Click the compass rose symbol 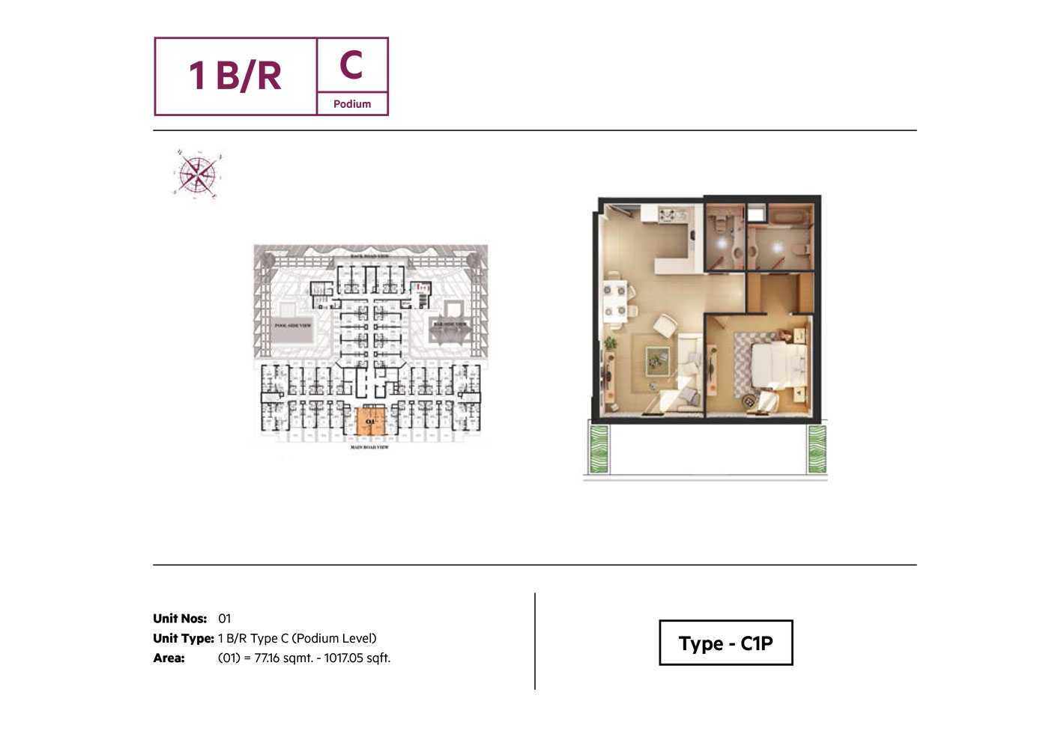pos(197,175)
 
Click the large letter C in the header pos(351,65)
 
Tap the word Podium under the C pos(352,104)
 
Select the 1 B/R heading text pos(235,76)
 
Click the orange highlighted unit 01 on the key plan pos(369,422)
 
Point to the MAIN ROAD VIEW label pos(370,447)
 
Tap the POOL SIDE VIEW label pos(292,326)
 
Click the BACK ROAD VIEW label pos(370,256)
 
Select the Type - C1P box pos(725,643)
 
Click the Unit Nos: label pos(180,619)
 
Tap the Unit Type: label pos(184,638)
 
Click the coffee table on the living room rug pos(656,361)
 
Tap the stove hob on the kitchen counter pos(668,216)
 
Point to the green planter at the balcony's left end pos(599,449)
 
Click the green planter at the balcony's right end pos(817,449)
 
